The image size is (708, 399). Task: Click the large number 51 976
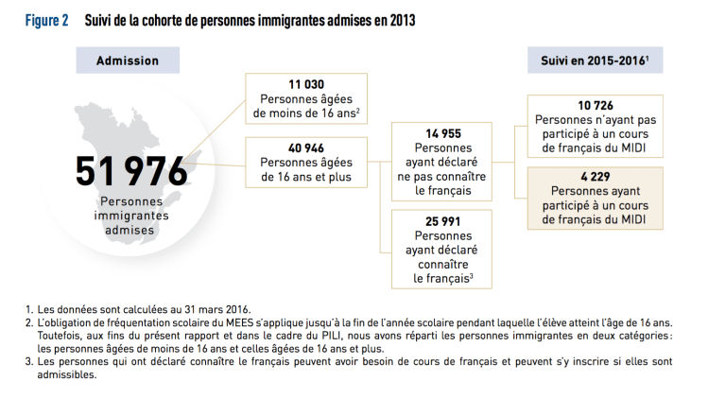pos(133,171)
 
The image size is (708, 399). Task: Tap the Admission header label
pos(128,61)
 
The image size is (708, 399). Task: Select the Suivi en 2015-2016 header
pos(588,61)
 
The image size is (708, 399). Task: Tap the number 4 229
pos(596,176)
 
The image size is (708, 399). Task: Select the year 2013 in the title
pos(400,21)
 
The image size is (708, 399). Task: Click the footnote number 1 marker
pos(29,309)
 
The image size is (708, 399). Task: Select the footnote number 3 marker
pos(29,360)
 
